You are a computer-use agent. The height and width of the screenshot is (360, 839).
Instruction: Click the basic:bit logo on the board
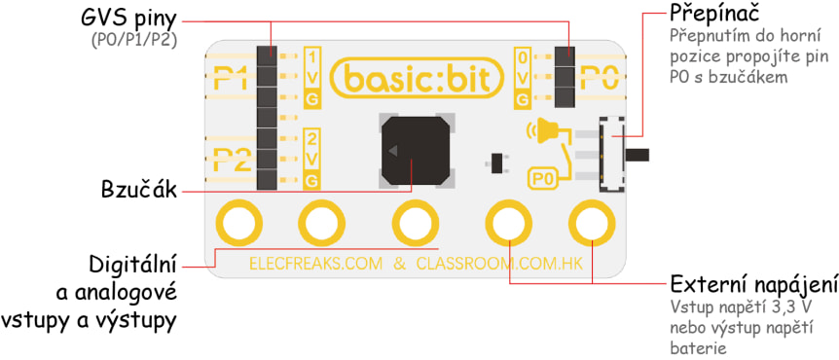click(x=418, y=78)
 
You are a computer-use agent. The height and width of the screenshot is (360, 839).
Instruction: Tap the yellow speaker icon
click(x=546, y=129)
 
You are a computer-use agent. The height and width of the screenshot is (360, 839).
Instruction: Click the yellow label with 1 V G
click(x=312, y=77)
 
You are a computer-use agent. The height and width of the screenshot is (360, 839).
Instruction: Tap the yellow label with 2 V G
click(x=312, y=158)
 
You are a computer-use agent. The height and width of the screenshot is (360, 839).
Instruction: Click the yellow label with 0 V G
click(x=524, y=77)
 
